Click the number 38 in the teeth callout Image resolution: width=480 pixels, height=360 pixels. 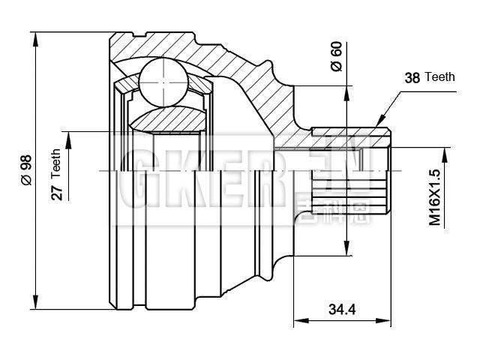click(412, 77)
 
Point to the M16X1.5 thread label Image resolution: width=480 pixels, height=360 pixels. click(434, 197)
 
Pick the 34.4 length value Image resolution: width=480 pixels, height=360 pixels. click(342, 308)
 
